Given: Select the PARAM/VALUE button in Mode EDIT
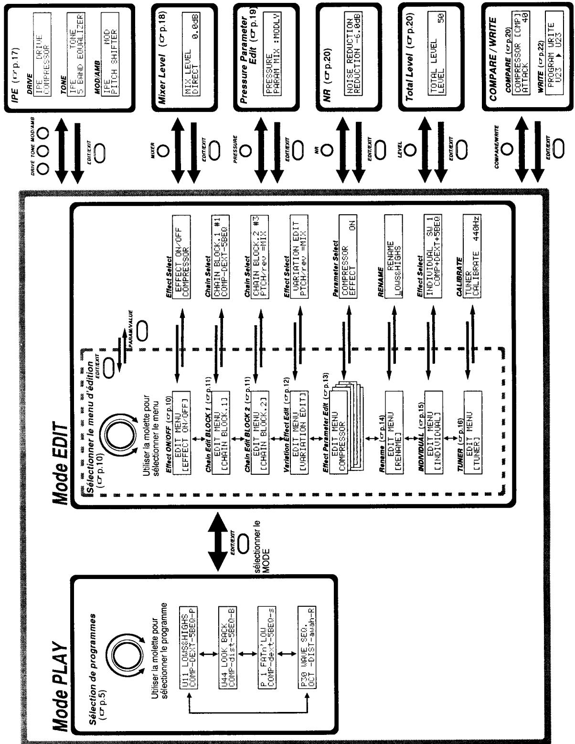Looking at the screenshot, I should coord(142,328).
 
